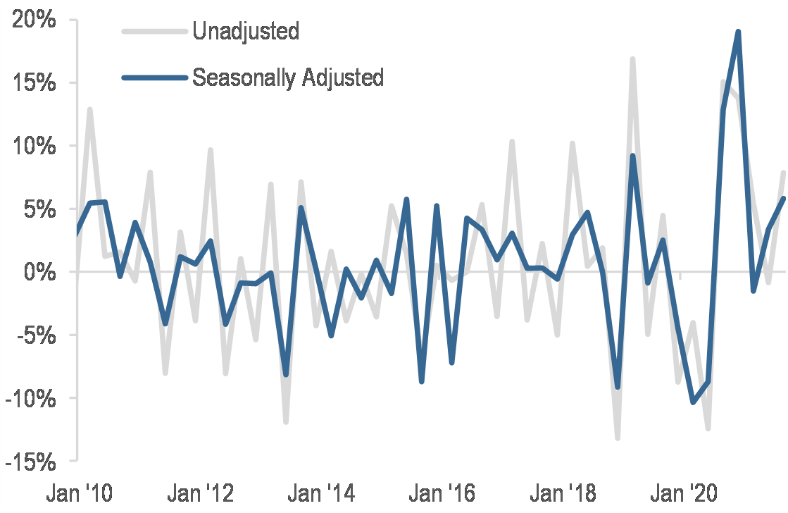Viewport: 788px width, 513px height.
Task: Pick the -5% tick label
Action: coord(35,335)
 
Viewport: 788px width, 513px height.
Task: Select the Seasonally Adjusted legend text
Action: coord(288,77)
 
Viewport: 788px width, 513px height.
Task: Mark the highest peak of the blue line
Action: coord(738,32)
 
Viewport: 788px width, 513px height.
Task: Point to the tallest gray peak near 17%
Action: coord(633,59)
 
